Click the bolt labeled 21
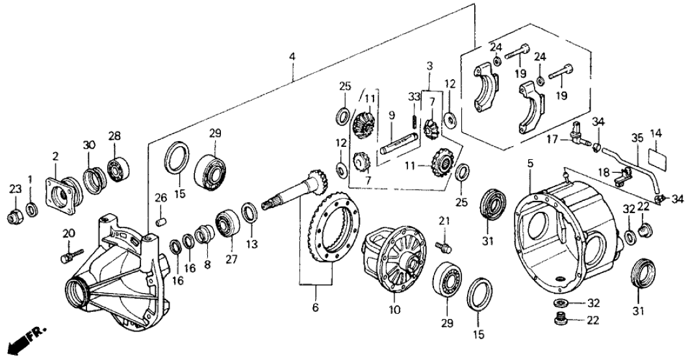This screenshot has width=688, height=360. (x=444, y=248)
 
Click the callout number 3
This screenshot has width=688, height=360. (x=429, y=66)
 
